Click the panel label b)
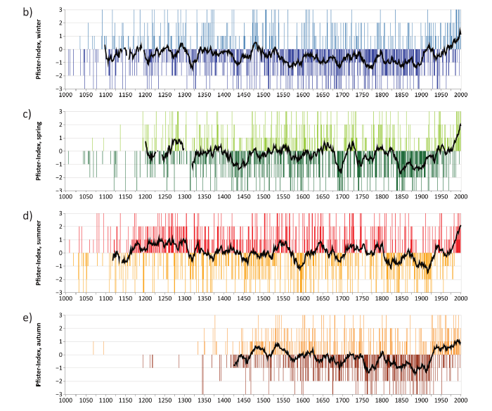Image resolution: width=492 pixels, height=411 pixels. pos(46,12)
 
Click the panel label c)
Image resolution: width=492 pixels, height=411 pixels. pos(46,113)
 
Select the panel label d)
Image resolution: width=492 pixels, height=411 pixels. pos(46,215)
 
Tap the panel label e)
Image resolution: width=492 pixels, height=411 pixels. pos(46,317)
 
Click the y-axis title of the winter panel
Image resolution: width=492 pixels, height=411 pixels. pos(41,50)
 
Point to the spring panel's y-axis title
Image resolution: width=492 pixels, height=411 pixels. pos(41,151)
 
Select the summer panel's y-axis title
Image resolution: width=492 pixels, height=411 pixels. pos(41,253)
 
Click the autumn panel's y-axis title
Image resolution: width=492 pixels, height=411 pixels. pos(41,355)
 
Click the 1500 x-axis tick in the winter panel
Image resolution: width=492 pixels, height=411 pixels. pos(264,95)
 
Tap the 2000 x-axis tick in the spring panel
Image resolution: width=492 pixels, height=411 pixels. pos(461,196)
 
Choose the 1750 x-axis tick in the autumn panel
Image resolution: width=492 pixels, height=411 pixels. pos(363,400)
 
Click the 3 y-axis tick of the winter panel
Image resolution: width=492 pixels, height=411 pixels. pos(60,10)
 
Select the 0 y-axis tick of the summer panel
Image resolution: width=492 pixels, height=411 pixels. pos(60,253)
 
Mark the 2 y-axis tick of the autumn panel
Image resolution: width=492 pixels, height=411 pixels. pos(60,329)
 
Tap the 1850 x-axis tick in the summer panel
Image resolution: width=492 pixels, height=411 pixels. pos(402,298)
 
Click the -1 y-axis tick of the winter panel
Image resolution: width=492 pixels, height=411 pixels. pos(59,63)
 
